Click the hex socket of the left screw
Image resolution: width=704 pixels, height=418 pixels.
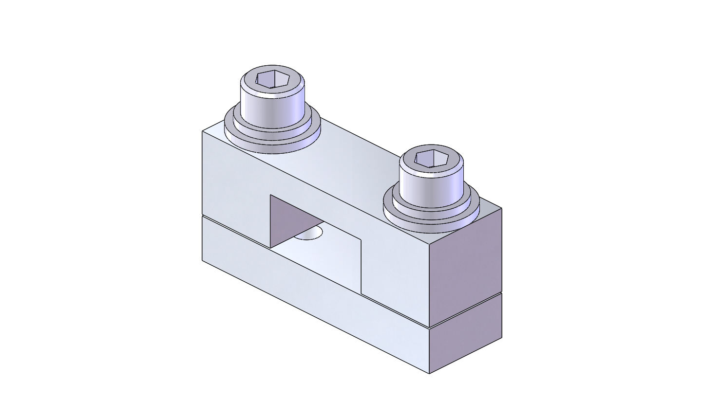coord(273,79)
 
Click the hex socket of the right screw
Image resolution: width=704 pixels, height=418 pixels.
coord(431,158)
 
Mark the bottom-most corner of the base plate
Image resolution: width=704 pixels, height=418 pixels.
coord(429,373)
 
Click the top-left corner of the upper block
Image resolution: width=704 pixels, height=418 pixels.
coord(202,131)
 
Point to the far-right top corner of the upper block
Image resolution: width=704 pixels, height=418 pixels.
coord(501,208)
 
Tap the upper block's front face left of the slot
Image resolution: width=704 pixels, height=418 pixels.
coord(234,185)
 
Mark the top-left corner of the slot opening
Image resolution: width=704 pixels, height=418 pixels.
coord(270,195)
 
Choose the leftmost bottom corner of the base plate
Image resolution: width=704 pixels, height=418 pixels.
coord(202,261)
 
